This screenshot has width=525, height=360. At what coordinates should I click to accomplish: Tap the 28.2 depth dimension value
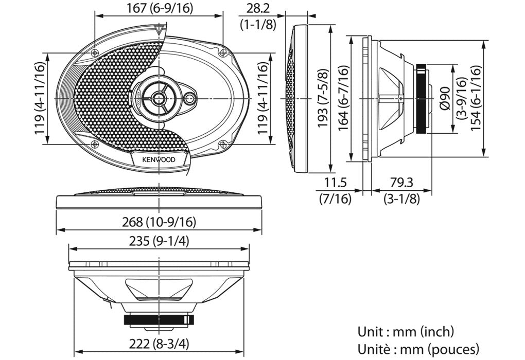click(257, 8)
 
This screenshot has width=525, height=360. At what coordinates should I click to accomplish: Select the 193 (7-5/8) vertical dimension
click(323, 98)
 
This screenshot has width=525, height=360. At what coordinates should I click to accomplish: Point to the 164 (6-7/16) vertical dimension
click(344, 98)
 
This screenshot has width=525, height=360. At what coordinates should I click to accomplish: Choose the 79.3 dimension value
click(401, 183)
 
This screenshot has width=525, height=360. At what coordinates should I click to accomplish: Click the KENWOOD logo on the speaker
click(159, 159)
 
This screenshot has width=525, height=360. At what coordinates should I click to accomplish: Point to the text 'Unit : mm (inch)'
click(406, 332)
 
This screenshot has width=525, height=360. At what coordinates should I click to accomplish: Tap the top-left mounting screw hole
click(95, 53)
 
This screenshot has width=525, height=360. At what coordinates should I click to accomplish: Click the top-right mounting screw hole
click(222, 52)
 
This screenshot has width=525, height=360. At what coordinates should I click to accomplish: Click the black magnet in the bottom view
click(159, 319)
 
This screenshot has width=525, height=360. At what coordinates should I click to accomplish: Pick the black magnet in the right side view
click(421, 98)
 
